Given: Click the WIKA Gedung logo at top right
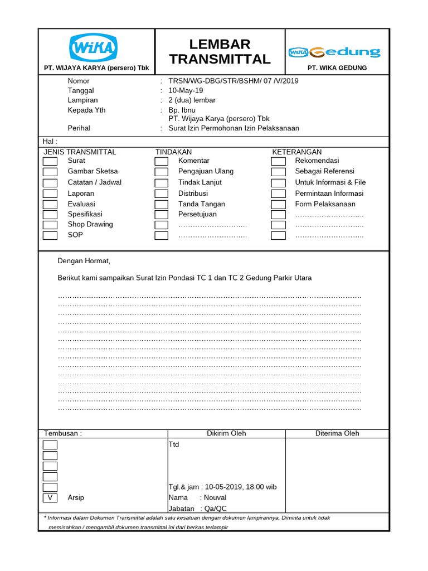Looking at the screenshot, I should coord(334,52).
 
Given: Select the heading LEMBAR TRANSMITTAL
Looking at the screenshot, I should coord(220,52).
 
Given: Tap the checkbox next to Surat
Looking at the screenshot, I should coord(50,161).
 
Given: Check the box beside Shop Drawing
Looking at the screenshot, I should coord(50,225).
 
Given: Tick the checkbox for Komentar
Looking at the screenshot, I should coord(161,161).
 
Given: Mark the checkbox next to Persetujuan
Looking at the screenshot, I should coord(161,214).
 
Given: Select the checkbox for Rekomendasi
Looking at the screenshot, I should coord(278,161).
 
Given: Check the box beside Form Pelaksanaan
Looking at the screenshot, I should coord(278,204).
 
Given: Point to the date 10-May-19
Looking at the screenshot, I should coord(186,90).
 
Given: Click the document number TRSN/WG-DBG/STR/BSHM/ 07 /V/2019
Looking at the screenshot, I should coord(234,81).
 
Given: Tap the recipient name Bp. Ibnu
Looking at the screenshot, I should coord(182,110).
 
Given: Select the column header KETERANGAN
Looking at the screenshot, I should coord(296,152).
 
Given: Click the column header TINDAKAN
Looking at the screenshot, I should coord(173,152).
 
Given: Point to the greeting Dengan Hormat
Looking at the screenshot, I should coord(84,261).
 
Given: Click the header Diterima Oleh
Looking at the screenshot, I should coord(337,433).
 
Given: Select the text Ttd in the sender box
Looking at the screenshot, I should coord(174,444).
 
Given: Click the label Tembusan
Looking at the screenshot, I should coord(62,433).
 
